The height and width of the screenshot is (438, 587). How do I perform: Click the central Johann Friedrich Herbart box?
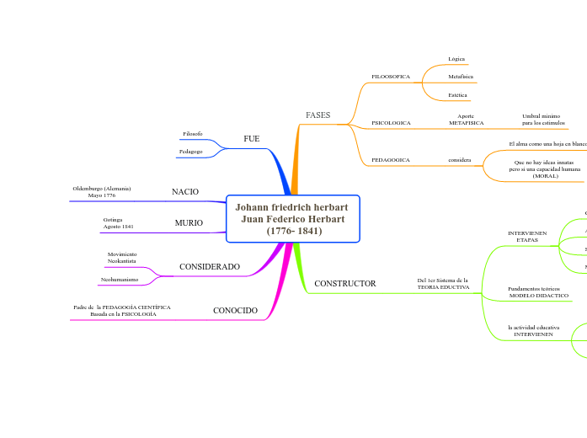pyautogui.click(x=293, y=218)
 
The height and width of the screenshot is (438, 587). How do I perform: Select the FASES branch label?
pyautogui.click(x=318, y=115)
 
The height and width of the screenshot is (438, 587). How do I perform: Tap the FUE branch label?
pyautogui.click(x=251, y=138)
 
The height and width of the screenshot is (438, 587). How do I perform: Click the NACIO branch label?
pyautogui.click(x=185, y=192)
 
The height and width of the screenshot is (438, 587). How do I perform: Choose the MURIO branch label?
pyautogui.click(x=189, y=223)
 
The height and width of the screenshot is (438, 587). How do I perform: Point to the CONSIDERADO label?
pyautogui.click(x=210, y=267)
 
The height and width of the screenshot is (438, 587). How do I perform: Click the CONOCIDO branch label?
pyautogui.click(x=235, y=311)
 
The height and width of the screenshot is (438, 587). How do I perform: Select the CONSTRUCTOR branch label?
pyautogui.click(x=344, y=284)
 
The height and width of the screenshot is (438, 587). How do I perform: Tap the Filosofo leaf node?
pyautogui.click(x=192, y=134)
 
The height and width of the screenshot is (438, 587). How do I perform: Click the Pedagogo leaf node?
pyautogui.click(x=191, y=151)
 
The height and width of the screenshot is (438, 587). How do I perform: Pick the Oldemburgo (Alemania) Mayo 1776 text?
pyautogui.click(x=102, y=191)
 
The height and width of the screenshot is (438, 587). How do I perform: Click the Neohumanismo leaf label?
pyautogui.click(x=120, y=279)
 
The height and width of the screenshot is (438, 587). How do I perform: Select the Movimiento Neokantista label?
pyautogui.click(x=122, y=258)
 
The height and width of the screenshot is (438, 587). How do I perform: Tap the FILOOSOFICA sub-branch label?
pyautogui.click(x=391, y=77)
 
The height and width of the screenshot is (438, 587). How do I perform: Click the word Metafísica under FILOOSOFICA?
pyautogui.click(x=461, y=77)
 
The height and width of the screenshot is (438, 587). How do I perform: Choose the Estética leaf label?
pyautogui.click(x=458, y=95)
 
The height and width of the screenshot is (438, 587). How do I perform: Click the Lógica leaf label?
pyautogui.click(x=456, y=59)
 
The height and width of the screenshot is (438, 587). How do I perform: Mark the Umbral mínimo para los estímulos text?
pyautogui.click(x=543, y=120)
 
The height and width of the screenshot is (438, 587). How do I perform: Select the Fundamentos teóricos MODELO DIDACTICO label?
pyautogui.click(x=539, y=292)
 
